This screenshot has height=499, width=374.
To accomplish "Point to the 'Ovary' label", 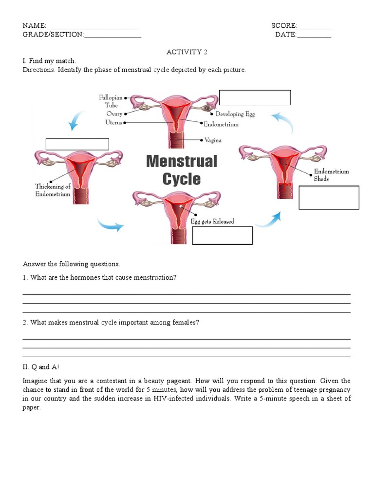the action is coord(114,114).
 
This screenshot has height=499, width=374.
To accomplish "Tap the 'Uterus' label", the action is coord(113,122).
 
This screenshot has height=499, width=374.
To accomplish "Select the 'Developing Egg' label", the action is coord(235,114).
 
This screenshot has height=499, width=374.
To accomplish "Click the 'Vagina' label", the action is coord(213,140).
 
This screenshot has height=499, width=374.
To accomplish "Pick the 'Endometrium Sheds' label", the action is coord(331,175).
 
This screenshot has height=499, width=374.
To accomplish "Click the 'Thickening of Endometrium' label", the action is coord(53,190).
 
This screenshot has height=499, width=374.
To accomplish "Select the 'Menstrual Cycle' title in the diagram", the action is coord(182,170).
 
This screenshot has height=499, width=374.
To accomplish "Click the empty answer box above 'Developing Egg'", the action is coord(255,97).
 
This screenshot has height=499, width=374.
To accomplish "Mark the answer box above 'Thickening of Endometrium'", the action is coord(77,144).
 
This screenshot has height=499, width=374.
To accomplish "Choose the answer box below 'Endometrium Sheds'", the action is coord(329,197).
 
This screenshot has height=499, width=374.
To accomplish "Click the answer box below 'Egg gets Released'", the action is coord(222,235).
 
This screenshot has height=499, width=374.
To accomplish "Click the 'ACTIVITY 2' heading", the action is coord(184,52).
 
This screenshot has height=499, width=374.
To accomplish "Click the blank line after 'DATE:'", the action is coord(314,36).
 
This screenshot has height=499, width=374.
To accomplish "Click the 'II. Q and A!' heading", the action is coord(41,367).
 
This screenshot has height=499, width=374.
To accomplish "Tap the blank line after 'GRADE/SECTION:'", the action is coord(112,36).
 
